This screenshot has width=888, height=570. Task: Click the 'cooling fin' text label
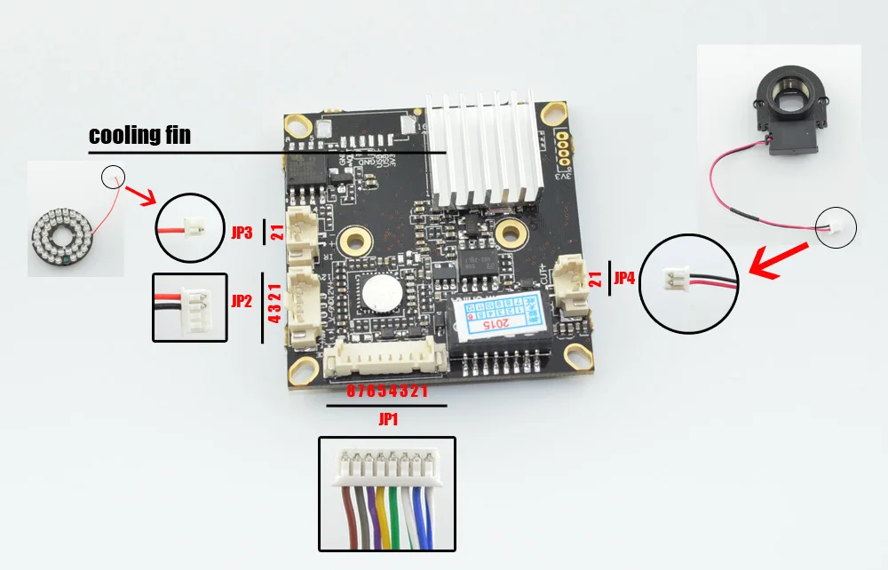139,136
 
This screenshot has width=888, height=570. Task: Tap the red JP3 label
242,234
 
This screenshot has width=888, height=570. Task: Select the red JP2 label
242,301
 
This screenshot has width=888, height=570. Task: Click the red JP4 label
624,278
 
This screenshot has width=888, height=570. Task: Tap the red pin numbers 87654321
386,391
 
